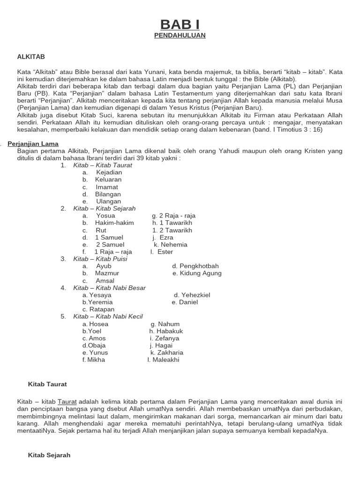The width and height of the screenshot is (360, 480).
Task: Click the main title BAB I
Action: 180,24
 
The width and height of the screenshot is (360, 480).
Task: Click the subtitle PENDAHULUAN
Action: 180,36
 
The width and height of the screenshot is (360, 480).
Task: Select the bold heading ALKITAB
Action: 31,56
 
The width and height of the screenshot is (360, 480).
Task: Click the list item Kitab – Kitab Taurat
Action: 103,165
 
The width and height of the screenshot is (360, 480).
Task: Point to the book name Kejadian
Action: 109,172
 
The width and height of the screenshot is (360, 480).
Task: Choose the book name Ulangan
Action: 108,202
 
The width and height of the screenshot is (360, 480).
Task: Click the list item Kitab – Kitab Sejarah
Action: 105,209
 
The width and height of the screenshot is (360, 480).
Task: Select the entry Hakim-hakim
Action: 114,223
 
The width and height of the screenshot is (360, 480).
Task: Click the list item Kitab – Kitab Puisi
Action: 100,259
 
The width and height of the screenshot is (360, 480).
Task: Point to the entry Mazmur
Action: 107,273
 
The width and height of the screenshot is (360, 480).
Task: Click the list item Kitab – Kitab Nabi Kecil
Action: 108,316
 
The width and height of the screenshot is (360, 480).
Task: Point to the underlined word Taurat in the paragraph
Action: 67,402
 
